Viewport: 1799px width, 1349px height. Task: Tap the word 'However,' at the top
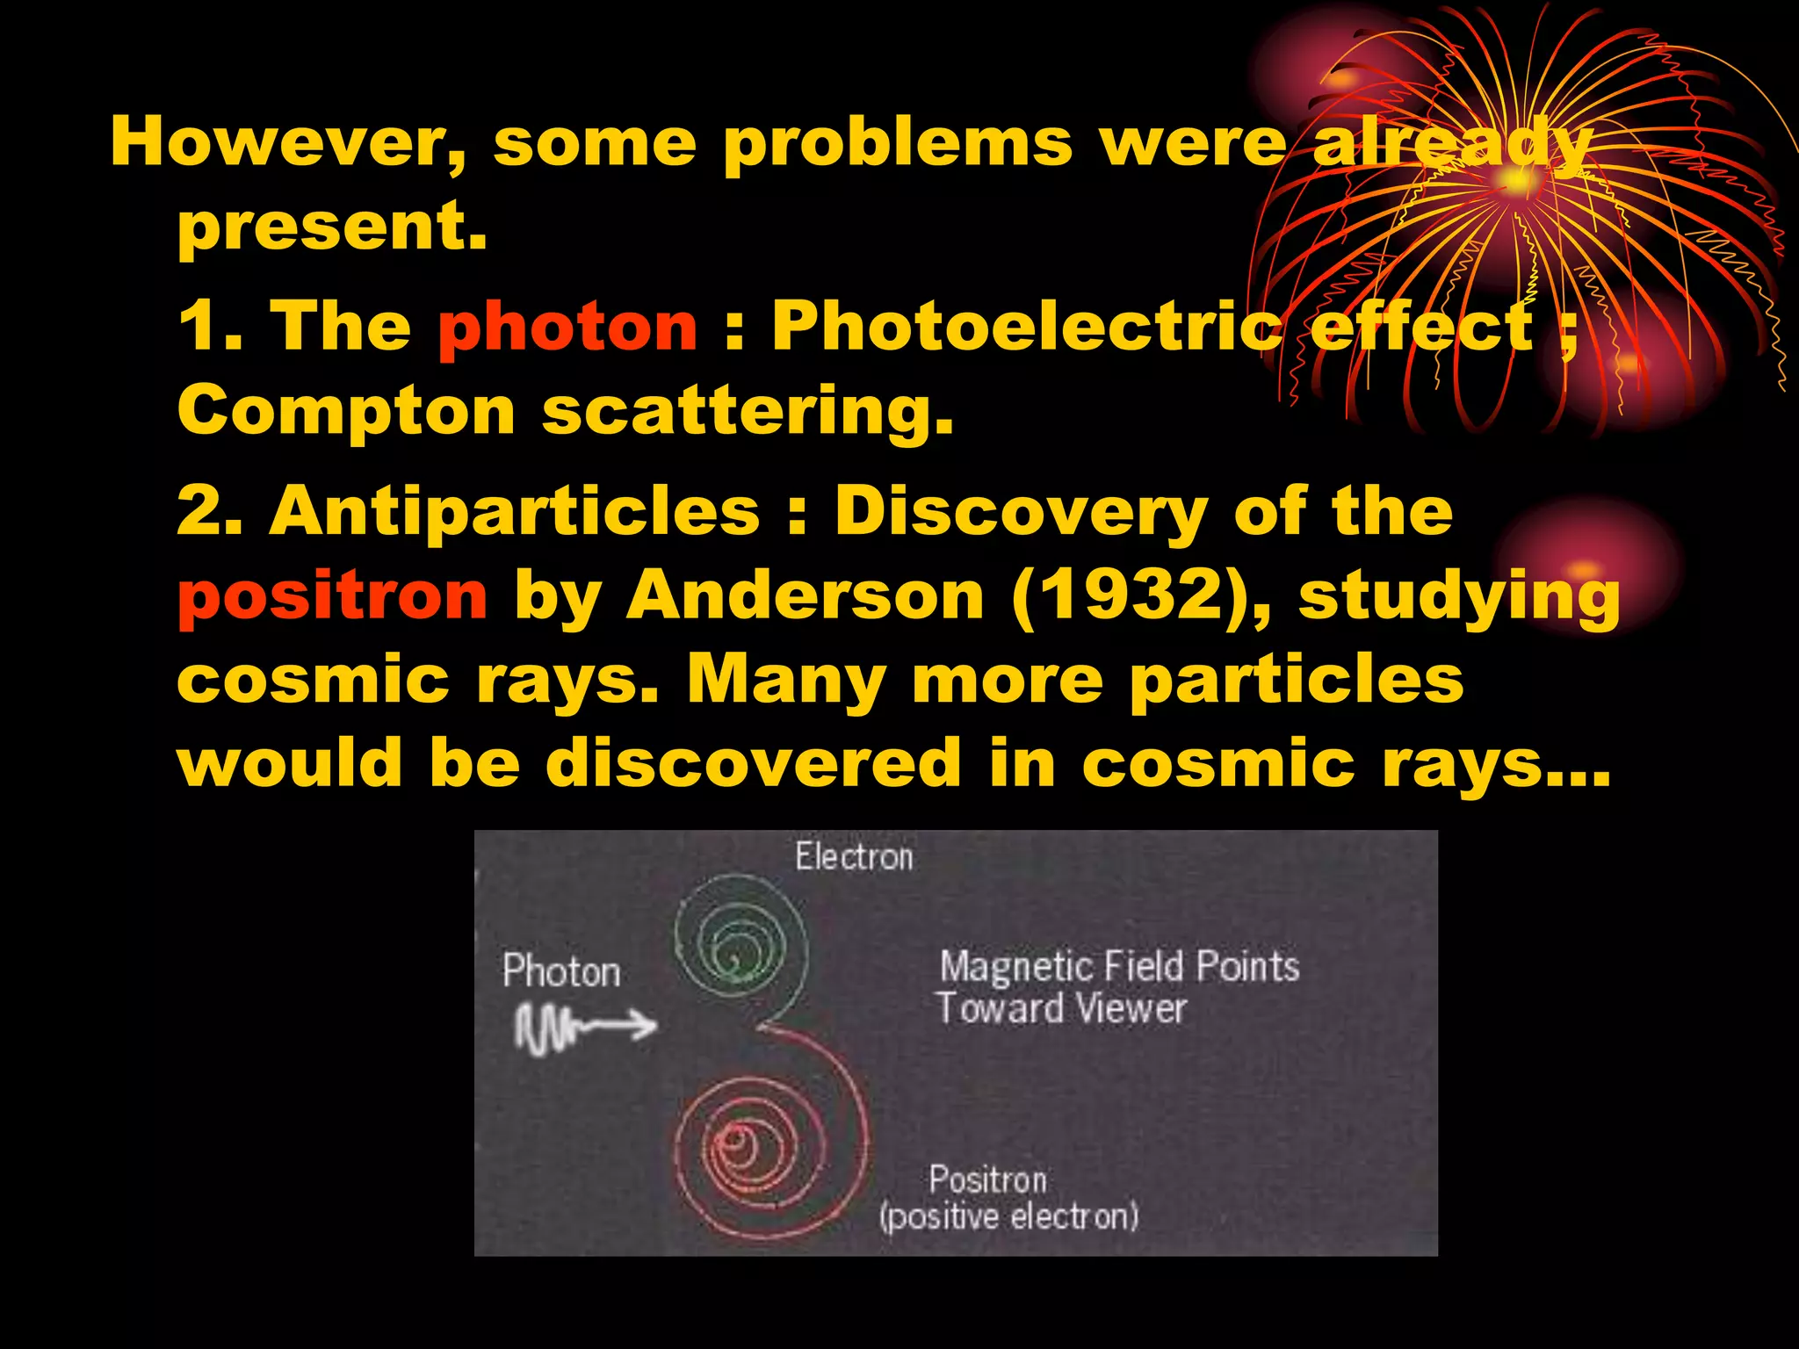[287, 143]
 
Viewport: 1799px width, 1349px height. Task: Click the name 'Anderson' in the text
[806, 595]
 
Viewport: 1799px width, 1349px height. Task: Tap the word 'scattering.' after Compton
[748, 412]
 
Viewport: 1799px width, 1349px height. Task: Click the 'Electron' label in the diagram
[854, 857]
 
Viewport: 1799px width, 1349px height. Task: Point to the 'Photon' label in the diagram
[561, 971]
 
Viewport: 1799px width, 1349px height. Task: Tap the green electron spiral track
[740, 944]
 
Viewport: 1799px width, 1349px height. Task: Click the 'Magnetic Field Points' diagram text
[1119, 966]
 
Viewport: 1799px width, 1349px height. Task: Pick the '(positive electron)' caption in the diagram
[1008, 1217]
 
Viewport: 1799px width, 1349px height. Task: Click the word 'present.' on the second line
[332, 227]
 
